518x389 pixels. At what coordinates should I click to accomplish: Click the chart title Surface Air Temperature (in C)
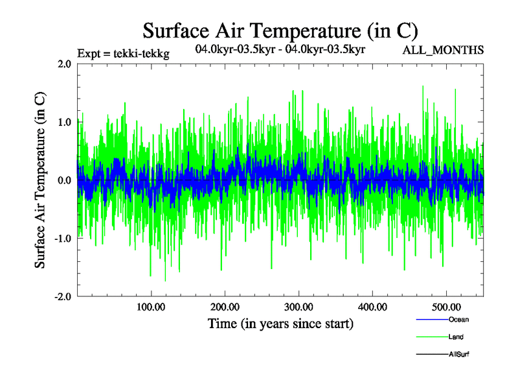[x=280, y=30]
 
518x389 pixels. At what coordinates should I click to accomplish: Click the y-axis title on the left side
[x=40, y=180]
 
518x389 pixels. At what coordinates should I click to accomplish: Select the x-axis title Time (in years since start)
[x=280, y=323]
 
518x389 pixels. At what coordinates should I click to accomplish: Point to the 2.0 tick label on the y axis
[x=64, y=64]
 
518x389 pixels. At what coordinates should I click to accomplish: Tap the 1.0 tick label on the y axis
[x=64, y=122]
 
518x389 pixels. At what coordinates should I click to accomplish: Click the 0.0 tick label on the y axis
[x=64, y=180]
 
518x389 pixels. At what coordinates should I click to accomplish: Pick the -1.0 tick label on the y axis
[x=62, y=238]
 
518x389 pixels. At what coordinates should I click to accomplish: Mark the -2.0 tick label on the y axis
[x=62, y=296]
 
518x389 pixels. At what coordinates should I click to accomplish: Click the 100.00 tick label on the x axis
[x=150, y=307]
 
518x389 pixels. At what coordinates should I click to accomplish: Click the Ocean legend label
[x=458, y=320]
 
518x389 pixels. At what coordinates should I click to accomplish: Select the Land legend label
[x=456, y=337]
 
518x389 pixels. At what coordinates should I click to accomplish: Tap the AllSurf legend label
[x=459, y=355]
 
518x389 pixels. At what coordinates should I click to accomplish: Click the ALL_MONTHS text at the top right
[x=443, y=50]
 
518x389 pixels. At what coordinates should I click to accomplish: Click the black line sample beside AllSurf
[x=431, y=355]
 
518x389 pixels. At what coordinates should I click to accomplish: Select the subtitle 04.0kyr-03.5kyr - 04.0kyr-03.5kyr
[x=280, y=49]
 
